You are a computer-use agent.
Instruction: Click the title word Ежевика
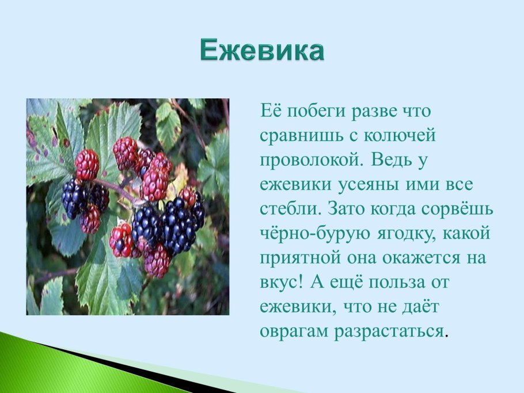point(262,51)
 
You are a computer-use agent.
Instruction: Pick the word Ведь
point(390,161)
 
